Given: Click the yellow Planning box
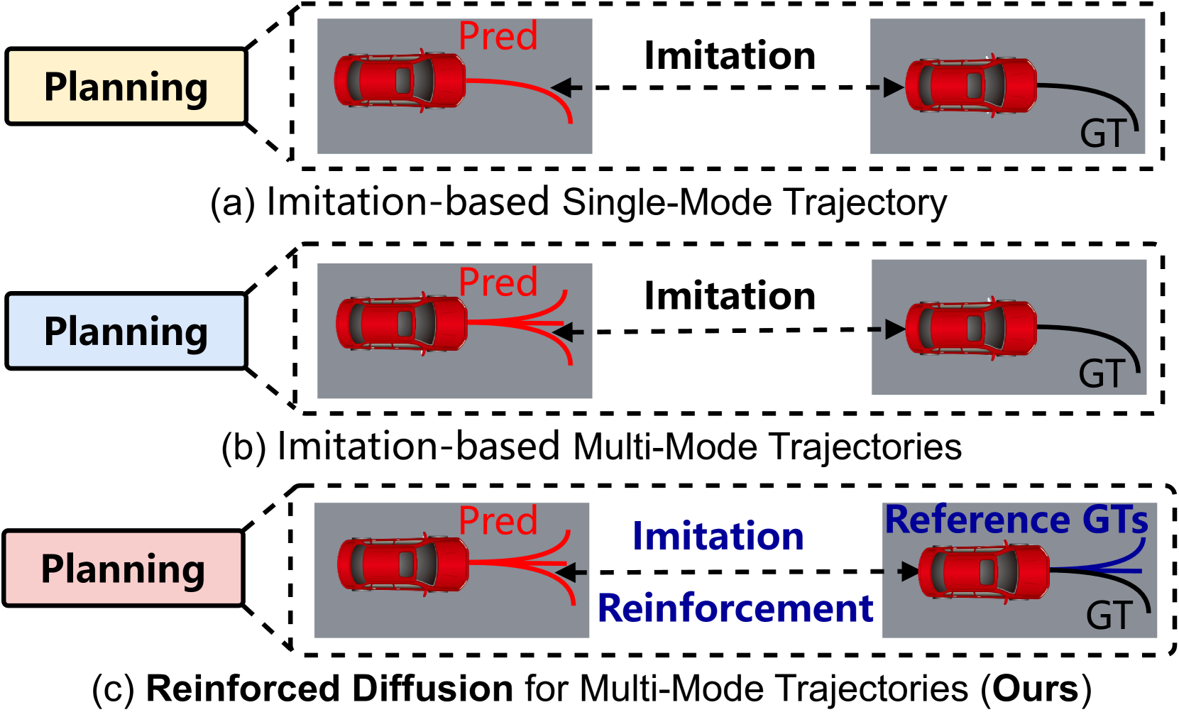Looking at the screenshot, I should coord(126,86).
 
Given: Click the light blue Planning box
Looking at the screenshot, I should coord(126,331).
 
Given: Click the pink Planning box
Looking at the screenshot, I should coord(124,568).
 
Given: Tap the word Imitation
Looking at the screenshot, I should coord(718,536).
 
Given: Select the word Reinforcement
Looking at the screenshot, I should coord(735,608).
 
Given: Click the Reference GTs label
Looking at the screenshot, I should coord(1016,520).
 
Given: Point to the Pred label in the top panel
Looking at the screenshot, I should coord(498,36).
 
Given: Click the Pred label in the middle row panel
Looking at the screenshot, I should coord(498,283).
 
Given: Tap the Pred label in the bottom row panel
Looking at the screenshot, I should coord(498,521).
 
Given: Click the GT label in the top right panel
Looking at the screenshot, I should coord(1103,133).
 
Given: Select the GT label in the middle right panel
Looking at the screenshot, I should coord(1102,373).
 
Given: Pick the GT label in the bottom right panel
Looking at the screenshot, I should coord(1109,616).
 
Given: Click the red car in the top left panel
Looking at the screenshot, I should coord(400,81).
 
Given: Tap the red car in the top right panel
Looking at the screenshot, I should coord(971,85).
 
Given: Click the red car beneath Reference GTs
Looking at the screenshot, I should coord(984,572).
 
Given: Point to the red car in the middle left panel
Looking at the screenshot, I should coord(402,324).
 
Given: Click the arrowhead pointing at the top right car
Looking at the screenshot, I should coord(892,87).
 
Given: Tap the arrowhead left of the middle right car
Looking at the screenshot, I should coord(894,329).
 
